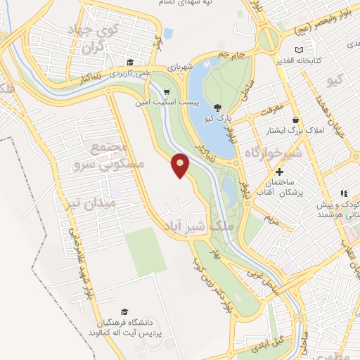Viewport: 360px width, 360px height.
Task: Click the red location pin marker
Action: [181, 165]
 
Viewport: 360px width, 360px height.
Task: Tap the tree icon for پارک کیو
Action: [217, 108]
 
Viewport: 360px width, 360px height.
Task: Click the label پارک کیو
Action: [217, 119]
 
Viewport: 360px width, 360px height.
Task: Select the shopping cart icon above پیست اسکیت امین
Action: [167, 91]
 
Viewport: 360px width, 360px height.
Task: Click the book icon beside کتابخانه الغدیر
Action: [300, 50]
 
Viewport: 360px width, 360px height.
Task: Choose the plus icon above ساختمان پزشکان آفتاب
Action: [279, 172]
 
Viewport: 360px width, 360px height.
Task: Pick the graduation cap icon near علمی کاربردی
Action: [129, 61]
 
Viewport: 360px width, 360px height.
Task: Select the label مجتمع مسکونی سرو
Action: [109, 155]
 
